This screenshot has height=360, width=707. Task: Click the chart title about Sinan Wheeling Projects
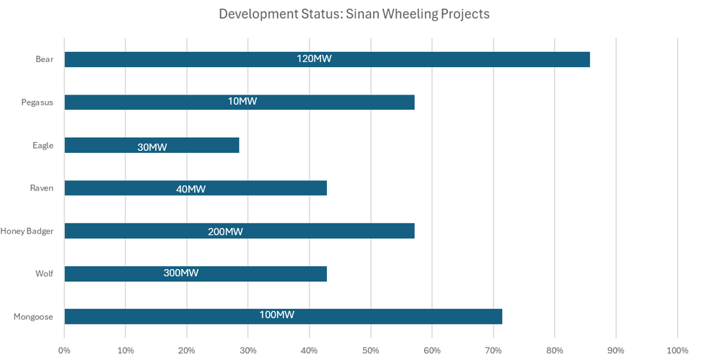click(x=354, y=14)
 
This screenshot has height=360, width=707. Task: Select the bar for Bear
click(x=433, y=59)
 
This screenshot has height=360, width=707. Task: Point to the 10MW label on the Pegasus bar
click(x=242, y=102)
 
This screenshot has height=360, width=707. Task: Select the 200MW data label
click(x=224, y=231)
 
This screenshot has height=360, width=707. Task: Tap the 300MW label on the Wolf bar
click(x=180, y=273)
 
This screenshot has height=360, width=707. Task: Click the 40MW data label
click(x=190, y=189)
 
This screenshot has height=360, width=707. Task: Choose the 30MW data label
click(x=151, y=147)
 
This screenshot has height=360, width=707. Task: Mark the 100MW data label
click(x=277, y=315)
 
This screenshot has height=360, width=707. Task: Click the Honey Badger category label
click(x=27, y=231)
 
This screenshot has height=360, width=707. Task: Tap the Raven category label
click(x=42, y=188)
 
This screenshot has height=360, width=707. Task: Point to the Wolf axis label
click(x=44, y=273)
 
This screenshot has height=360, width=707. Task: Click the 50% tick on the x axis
click(x=371, y=351)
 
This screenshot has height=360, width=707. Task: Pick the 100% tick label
click(x=677, y=351)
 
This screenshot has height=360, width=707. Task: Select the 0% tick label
click(x=64, y=351)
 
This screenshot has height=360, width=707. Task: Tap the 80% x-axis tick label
click(x=555, y=351)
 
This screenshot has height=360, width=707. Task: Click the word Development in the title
click(x=255, y=14)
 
